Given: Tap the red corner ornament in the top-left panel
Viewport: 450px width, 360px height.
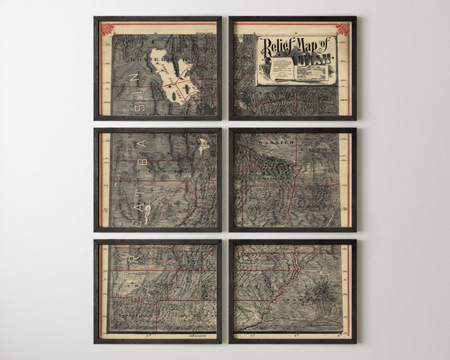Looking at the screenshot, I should [107, 29].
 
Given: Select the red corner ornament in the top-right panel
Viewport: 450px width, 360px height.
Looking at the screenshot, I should [342, 29].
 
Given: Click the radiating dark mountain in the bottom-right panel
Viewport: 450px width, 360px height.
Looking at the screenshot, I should [324, 296].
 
